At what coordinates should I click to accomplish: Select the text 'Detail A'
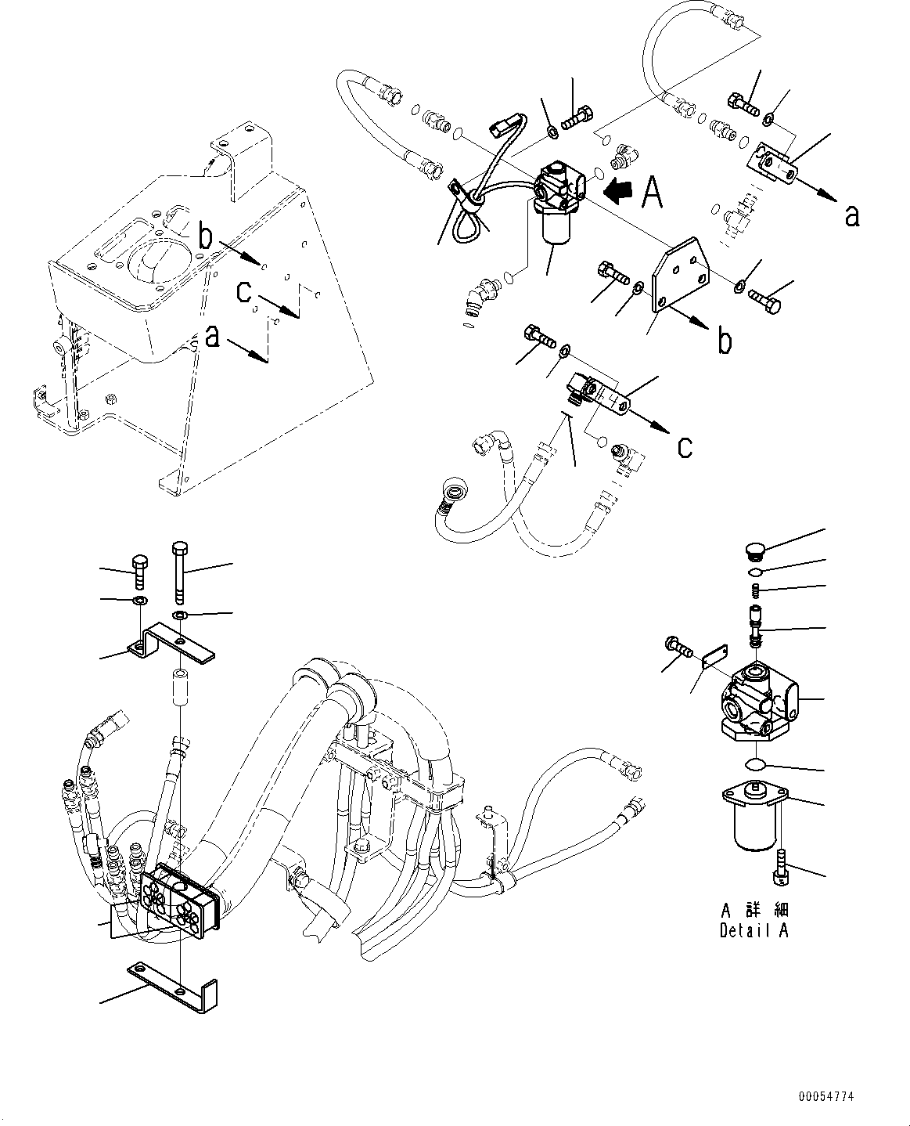pos(754,930)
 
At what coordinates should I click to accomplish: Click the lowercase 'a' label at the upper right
pos(852,215)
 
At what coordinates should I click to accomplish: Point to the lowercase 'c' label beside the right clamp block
pos(685,446)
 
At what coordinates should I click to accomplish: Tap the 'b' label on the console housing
pos(205,236)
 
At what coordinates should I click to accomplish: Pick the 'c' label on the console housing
pos(244,293)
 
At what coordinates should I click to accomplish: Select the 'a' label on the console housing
pos(211,337)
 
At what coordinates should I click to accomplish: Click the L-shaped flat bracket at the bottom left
pos(176,983)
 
